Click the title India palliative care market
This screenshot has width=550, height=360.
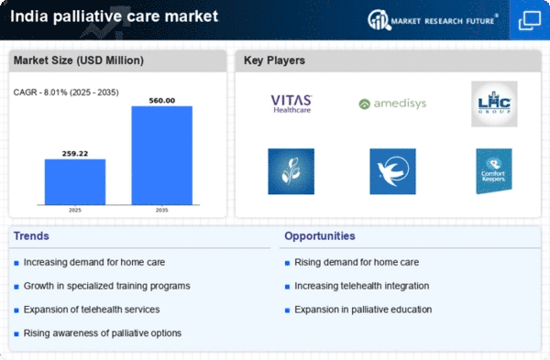click(x=114, y=16)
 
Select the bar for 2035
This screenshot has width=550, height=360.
click(x=161, y=155)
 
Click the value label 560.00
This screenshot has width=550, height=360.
click(x=161, y=99)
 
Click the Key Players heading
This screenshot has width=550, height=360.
click(x=275, y=61)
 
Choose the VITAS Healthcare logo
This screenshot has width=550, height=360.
click(x=291, y=103)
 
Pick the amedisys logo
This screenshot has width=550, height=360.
click(x=392, y=104)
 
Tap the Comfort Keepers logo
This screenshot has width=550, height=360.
click(x=493, y=170)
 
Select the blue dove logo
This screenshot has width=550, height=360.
click(x=392, y=170)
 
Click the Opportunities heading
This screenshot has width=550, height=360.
click(x=321, y=236)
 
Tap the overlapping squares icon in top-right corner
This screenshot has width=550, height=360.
click(x=529, y=19)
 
